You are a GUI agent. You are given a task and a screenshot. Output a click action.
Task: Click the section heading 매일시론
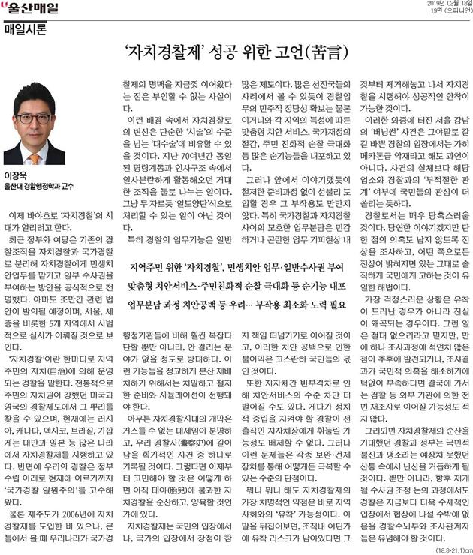25,30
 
